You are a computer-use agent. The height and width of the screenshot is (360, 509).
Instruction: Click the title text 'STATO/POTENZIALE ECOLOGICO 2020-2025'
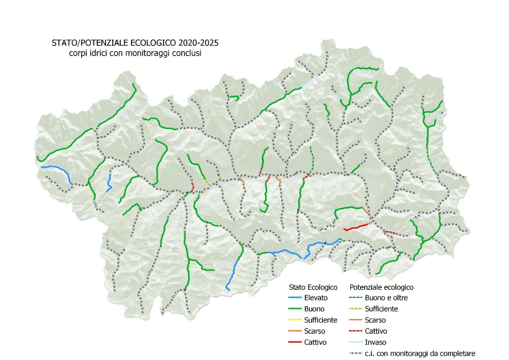click(x=135, y=43)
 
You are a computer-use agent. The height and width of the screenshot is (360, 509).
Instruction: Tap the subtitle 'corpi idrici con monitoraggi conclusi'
click(x=135, y=53)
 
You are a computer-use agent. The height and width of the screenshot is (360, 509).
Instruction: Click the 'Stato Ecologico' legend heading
click(x=313, y=287)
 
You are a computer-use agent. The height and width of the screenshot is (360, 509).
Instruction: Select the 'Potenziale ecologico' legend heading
click(x=381, y=287)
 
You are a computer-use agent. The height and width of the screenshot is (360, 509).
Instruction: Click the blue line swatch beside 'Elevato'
click(x=295, y=298)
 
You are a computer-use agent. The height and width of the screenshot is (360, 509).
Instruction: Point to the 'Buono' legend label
click(x=314, y=309)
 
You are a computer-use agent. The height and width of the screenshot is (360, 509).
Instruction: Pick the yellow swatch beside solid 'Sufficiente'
click(x=295, y=320)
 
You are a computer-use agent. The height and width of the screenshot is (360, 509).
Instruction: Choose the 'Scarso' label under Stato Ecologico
click(x=315, y=331)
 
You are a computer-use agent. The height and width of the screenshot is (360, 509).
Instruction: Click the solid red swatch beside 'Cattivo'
click(x=295, y=342)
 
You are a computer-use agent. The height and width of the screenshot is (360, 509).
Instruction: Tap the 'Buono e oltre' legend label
click(x=386, y=298)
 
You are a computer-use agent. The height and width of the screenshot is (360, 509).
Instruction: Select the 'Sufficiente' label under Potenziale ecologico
click(x=381, y=309)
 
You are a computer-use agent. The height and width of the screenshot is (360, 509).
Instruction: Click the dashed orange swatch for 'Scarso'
click(x=356, y=320)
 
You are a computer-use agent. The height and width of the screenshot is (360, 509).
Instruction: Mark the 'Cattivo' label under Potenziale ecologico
click(x=376, y=331)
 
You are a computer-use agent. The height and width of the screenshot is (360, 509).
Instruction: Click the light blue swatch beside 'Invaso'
click(x=356, y=342)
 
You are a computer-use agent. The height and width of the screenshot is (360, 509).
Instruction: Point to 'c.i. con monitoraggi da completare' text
click(x=420, y=354)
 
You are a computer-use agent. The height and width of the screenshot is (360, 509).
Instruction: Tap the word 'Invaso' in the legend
click(x=375, y=342)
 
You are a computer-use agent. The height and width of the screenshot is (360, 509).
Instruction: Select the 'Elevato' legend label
click(x=316, y=298)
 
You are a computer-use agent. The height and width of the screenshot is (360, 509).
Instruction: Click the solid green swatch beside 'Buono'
click(x=295, y=309)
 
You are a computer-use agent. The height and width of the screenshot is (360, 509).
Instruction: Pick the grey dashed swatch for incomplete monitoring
click(x=356, y=354)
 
